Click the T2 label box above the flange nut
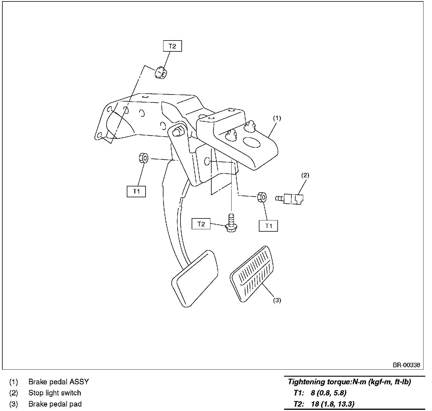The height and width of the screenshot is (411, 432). pyautogui.click(x=172, y=46)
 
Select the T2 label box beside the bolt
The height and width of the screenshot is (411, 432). pyautogui.click(x=201, y=224)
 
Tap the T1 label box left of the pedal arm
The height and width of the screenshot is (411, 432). pyautogui.click(x=136, y=191)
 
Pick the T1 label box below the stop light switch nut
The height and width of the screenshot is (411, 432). pyautogui.click(x=268, y=226)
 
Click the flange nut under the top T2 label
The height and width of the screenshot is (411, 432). pyautogui.click(x=160, y=73)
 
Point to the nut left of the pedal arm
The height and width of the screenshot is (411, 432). pyautogui.click(x=143, y=158)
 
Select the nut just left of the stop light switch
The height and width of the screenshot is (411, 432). pyautogui.click(x=262, y=197)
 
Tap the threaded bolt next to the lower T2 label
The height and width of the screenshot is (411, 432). pyautogui.click(x=231, y=223)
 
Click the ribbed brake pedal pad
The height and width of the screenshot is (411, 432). pyautogui.click(x=252, y=274)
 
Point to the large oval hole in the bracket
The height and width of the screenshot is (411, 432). pyautogui.click(x=252, y=142)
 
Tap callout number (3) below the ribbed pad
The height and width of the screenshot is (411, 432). pyautogui.click(x=277, y=300)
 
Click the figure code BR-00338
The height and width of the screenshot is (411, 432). pyautogui.click(x=406, y=365)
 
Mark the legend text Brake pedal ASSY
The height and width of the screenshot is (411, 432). pyautogui.click(x=58, y=382)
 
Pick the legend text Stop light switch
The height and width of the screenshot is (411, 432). pyautogui.click(x=55, y=393)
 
